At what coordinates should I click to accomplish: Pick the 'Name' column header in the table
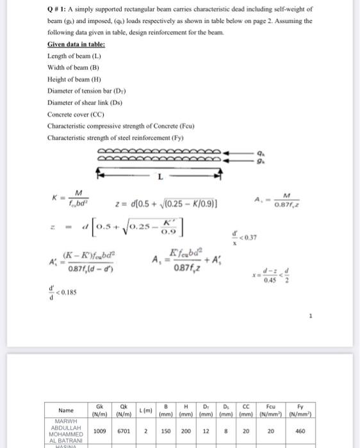[65, 410]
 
